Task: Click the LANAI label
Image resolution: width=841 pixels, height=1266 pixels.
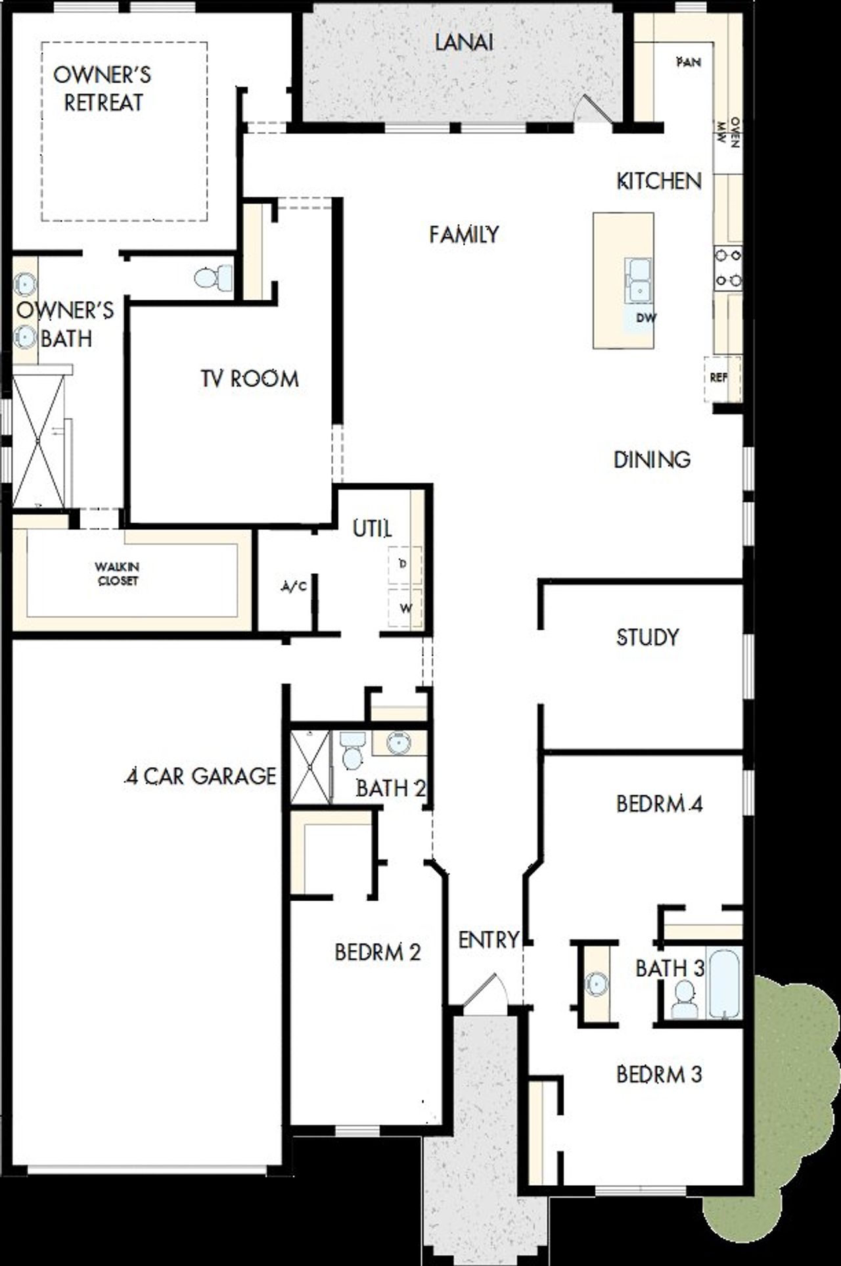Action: [x=464, y=43]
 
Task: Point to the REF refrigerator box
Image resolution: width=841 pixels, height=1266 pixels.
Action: [x=721, y=379]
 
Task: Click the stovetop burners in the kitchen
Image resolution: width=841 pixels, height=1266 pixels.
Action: [x=728, y=267]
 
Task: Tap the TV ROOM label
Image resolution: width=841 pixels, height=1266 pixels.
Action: [x=250, y=379]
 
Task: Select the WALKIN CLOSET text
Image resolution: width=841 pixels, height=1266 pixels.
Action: [x=117, y=574]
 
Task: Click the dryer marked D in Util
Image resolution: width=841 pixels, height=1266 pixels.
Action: [x=404, y=564]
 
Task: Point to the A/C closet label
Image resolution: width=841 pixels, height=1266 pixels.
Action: [x=293, y=587]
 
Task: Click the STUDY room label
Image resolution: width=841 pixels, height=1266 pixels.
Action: [x=647, y=637]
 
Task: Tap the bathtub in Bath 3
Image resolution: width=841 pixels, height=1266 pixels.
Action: [x=724, y=981]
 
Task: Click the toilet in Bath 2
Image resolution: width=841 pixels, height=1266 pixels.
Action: [x=352, y=751]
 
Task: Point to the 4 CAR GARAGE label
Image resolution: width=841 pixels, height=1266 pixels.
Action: [x=200, y=776]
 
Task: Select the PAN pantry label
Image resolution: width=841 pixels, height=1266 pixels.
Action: [x=688, y=62]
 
